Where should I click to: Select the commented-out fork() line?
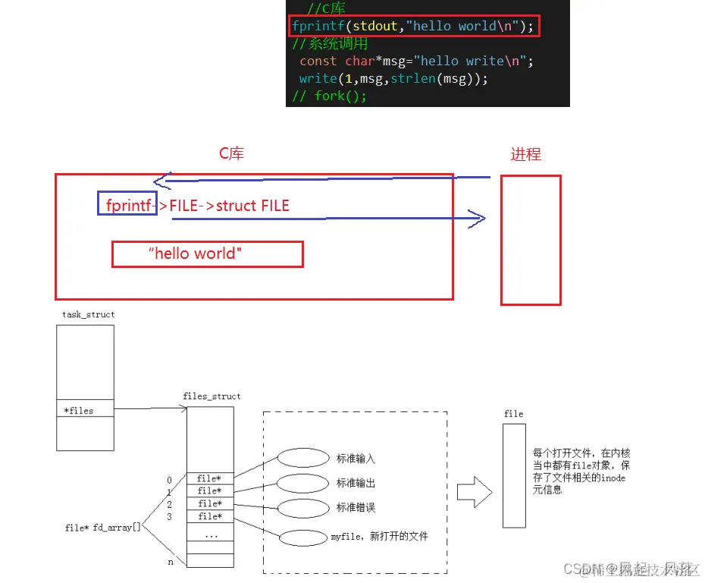tap(330, 96)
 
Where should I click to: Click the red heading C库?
tap(232, 153)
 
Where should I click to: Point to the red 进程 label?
tap(525, 154)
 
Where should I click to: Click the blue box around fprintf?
tap(127, 203)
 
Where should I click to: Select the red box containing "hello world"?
tap(207, 254)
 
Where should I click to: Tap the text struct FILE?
tap(252, 206)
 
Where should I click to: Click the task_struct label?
tap(89, 314)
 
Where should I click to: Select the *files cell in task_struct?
tap(85, 411)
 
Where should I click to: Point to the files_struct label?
tap(211, 396)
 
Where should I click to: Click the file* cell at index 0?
tap(210, 478)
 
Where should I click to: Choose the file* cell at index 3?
tap(210, 516)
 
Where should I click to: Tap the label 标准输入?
tap(356, 459)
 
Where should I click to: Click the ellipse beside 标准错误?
tap(302, 507)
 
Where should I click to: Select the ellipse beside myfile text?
tap(302, 538)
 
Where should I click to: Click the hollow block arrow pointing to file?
tap(475, 492)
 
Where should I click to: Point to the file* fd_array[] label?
tap(103, 528)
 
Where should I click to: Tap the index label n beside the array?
tap(171, 563)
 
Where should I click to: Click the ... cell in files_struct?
tap(210, 534)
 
